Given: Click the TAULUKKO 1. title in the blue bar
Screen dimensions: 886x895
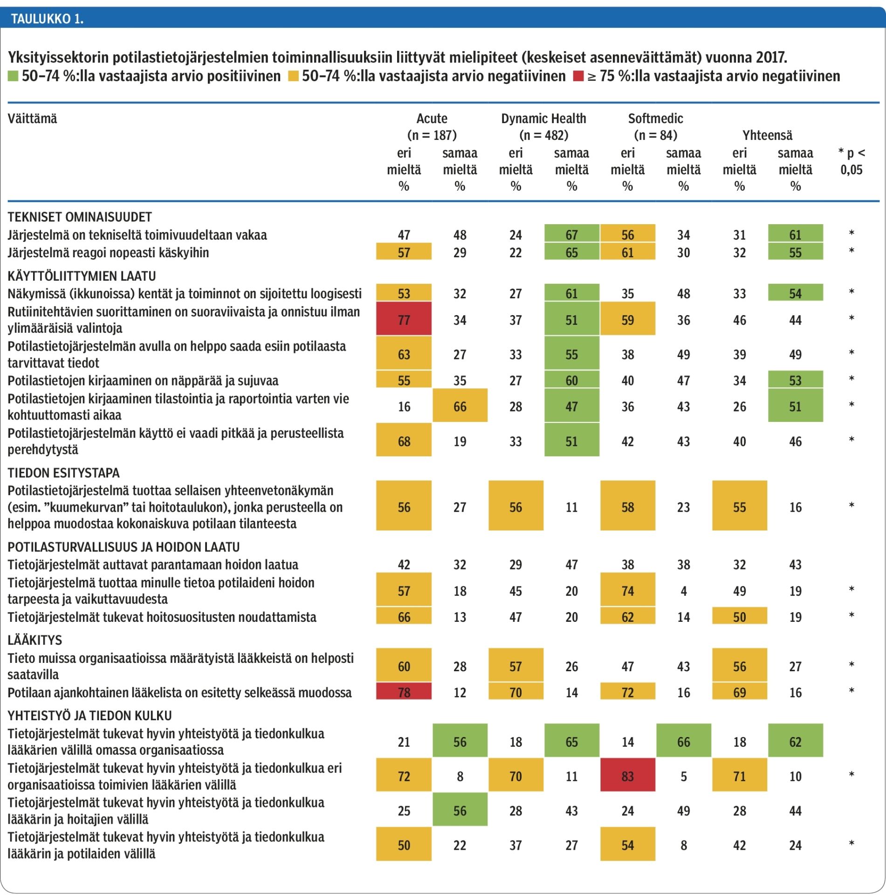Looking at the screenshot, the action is tap(47, 19).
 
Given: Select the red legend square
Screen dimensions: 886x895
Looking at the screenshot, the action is tap(578, 76).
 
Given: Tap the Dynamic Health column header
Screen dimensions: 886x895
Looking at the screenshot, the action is tap(543, 118).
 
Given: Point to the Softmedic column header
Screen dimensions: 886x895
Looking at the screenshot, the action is tap(655, 118).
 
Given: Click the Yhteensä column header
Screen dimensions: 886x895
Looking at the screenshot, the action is tap(767, 135).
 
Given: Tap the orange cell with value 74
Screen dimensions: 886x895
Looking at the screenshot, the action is tap(628, 590).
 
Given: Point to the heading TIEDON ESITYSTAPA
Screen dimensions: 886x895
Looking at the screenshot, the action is tap(64, 473).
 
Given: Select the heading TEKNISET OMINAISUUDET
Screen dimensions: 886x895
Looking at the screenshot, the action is tap(80, 217).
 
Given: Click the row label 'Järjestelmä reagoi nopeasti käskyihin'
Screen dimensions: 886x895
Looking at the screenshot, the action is tap(108, 253).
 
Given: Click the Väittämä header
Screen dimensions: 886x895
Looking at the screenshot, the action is tap(32, 118).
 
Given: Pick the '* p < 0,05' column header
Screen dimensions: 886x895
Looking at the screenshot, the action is tap(852, 161).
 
